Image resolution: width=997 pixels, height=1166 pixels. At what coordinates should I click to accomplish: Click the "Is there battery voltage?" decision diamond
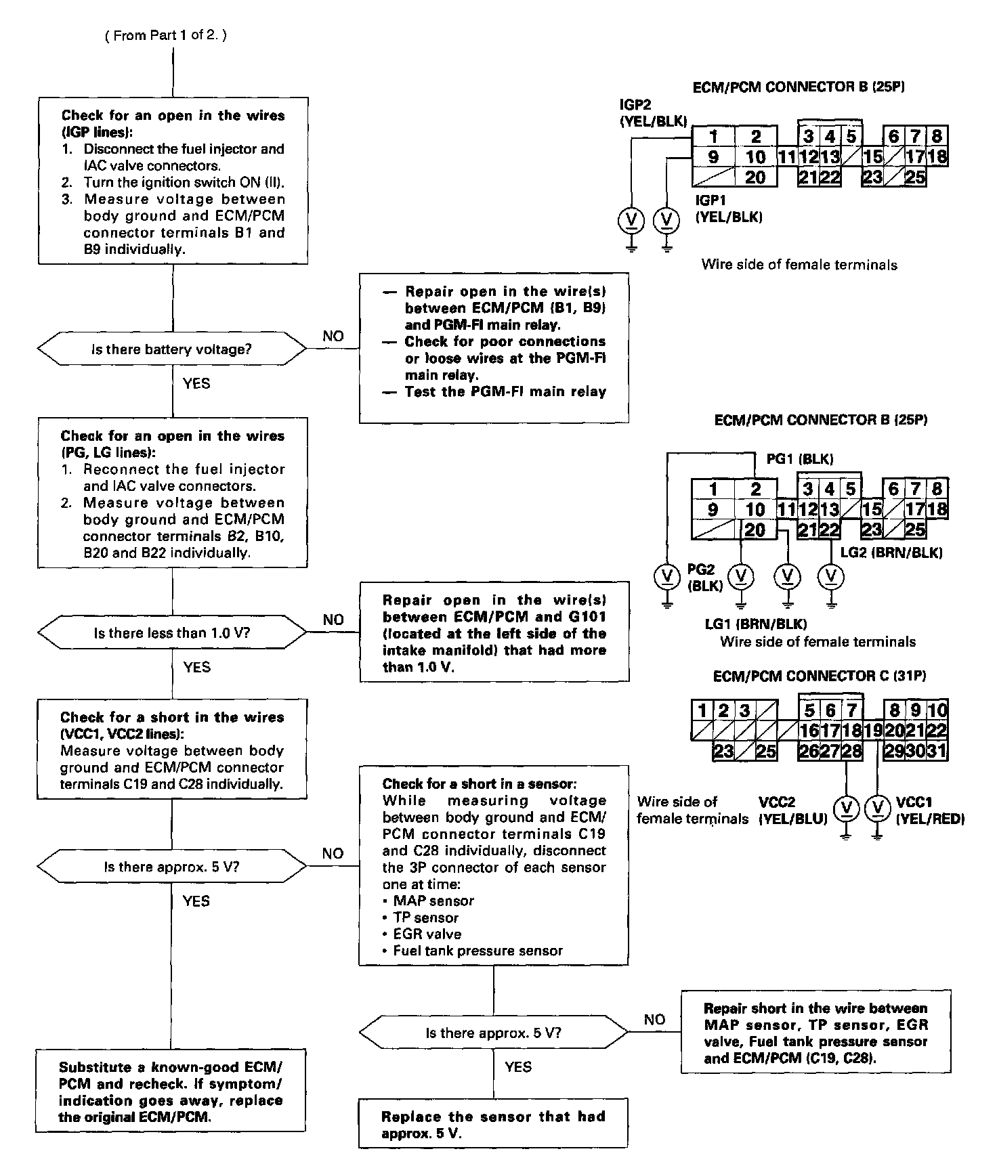pos(172,349)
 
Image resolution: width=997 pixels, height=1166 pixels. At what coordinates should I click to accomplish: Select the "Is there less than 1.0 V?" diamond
pos(172,633)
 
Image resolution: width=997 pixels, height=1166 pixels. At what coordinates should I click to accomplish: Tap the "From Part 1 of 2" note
pos(166,35)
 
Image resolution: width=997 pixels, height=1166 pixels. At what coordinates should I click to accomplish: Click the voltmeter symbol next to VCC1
pos(878,808)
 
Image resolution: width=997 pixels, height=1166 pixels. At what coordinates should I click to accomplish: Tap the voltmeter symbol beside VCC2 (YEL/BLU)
pos(846,808)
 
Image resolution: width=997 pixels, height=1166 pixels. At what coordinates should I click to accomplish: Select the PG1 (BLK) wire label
pos(800,459)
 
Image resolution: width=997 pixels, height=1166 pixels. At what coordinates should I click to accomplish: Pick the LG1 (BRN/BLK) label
pos(756,624)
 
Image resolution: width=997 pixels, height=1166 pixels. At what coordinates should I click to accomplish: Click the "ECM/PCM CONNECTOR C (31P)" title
pos(820,676)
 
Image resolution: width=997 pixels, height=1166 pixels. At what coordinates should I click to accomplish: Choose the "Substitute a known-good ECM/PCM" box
pos(171,1092)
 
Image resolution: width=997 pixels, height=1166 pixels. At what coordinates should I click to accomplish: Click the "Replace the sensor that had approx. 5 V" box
pos(493,1125)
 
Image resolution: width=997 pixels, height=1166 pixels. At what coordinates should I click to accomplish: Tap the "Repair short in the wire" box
pos(815,1033)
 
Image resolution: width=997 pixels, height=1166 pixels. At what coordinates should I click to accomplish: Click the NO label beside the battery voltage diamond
pos(333,337)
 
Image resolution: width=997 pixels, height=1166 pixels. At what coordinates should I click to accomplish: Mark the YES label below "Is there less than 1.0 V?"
pos(196,668)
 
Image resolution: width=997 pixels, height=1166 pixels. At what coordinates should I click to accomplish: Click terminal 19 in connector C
pos(874,731)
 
